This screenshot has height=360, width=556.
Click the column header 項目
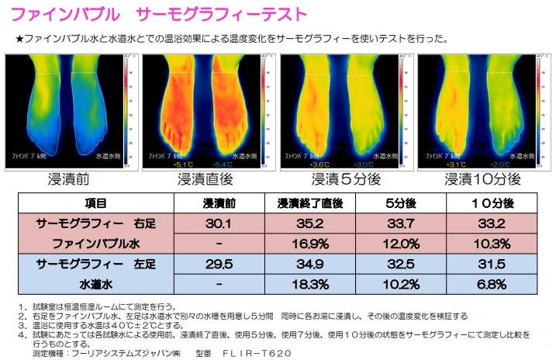coord(96,204)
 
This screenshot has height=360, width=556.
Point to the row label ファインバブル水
coord(96,244)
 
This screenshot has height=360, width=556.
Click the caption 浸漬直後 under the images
coord(207,179)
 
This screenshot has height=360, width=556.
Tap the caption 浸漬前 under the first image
coord(70,179)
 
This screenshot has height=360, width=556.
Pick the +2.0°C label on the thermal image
coord(500,164)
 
